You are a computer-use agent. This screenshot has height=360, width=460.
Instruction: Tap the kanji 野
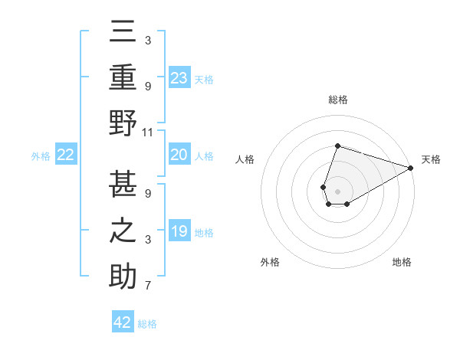point(123,122)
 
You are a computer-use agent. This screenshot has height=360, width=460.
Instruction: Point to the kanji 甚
point(123,182)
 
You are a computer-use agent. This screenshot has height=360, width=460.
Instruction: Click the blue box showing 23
point(179,77)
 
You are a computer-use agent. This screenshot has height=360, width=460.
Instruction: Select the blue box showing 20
point(179,155)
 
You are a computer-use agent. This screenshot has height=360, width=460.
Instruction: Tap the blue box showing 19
point(179,231)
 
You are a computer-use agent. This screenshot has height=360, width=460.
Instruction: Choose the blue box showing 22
point(66,155)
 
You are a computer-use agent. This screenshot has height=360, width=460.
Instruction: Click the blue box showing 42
point(123,322)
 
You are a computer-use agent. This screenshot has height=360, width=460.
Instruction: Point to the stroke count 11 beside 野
point(149,132)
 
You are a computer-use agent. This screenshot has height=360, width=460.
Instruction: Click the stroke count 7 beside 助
point(148,286)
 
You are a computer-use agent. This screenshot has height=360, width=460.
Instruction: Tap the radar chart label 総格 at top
point(337,100)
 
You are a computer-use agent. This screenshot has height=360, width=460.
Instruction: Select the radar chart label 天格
point(431,159)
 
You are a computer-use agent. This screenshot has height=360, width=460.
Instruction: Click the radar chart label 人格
point(245,159)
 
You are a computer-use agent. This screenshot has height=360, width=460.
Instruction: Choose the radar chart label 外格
point(270,262)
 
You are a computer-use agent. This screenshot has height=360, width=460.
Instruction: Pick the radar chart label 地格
point(402,262)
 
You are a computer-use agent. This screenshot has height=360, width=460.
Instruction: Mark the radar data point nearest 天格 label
point(411,168)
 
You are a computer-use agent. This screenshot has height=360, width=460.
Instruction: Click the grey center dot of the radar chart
point(337,190)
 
